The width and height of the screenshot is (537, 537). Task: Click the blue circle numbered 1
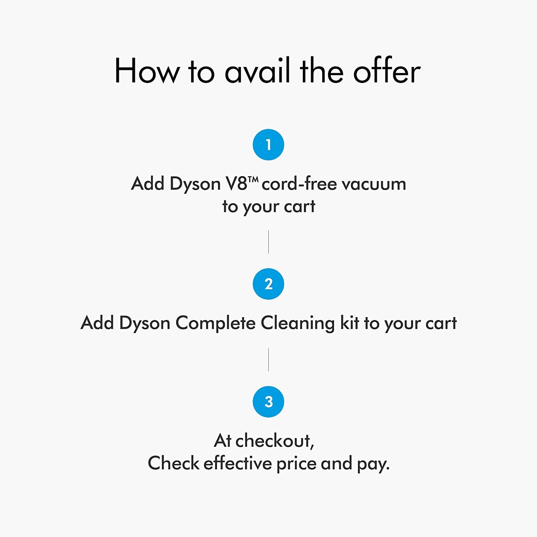268,145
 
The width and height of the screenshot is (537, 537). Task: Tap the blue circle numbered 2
268,284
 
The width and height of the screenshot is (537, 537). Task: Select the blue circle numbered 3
268,402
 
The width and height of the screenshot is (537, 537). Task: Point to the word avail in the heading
257,71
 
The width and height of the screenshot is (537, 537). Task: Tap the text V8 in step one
236,184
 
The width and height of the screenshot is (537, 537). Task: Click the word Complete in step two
215,323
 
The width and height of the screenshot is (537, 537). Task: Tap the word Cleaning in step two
297,323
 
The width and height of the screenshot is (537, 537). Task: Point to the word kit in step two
349,323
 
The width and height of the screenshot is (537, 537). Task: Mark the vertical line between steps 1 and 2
268,242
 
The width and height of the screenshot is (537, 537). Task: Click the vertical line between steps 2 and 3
268,359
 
